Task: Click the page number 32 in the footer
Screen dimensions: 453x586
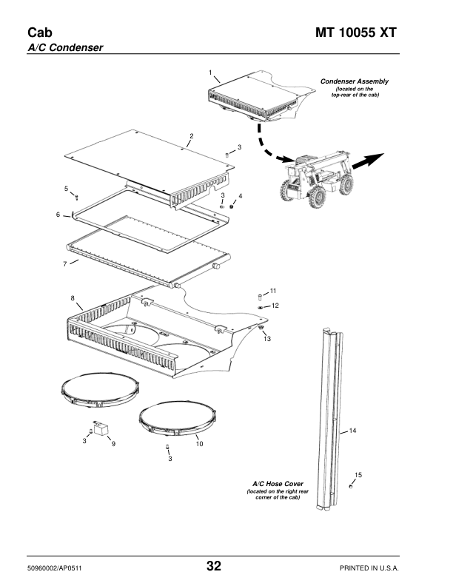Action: pyautogui.click(x=214, y=566)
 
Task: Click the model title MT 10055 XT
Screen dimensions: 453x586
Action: pyautogui.click(x=355, y=33)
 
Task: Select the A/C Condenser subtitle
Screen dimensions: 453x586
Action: pyautogui.click(x=65, y=48)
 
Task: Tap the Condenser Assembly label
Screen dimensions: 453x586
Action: pyautogui.click(x=355, y=81)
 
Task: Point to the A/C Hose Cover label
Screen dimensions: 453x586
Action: pyautogui.click(x=278, y=484)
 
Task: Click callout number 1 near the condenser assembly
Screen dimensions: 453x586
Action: pyautogui.click(x=210, y=73)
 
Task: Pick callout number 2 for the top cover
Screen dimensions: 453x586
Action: pyautogui.click(x=192, y=136)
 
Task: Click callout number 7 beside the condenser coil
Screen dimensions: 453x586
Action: pyautogui.click(x=65, y=264)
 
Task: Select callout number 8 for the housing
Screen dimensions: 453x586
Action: pyautogui.click(x=73, y=298)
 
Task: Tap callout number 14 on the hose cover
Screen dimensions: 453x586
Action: pyautogui.click(x=352, y=431)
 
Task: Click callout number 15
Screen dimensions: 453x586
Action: pyautogui.click(x=358, y=475)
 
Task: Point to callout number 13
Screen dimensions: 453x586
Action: pyautogui.click(x=267, y=339)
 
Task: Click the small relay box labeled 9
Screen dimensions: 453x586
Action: pyautogui.click(x=101, y=428)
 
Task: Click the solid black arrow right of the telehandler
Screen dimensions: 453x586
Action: pyautogui.click(x=368, y=161)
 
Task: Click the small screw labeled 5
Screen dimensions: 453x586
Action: pyautogui.click(x=77, y=197)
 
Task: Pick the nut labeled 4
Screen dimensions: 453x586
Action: pyautogui.click(x=232, y=206)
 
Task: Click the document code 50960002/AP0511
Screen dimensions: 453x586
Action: pyautogui.click(x=55, y=568)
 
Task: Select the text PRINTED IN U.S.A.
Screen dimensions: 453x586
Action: pyautogui.click(x=369, y=568)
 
